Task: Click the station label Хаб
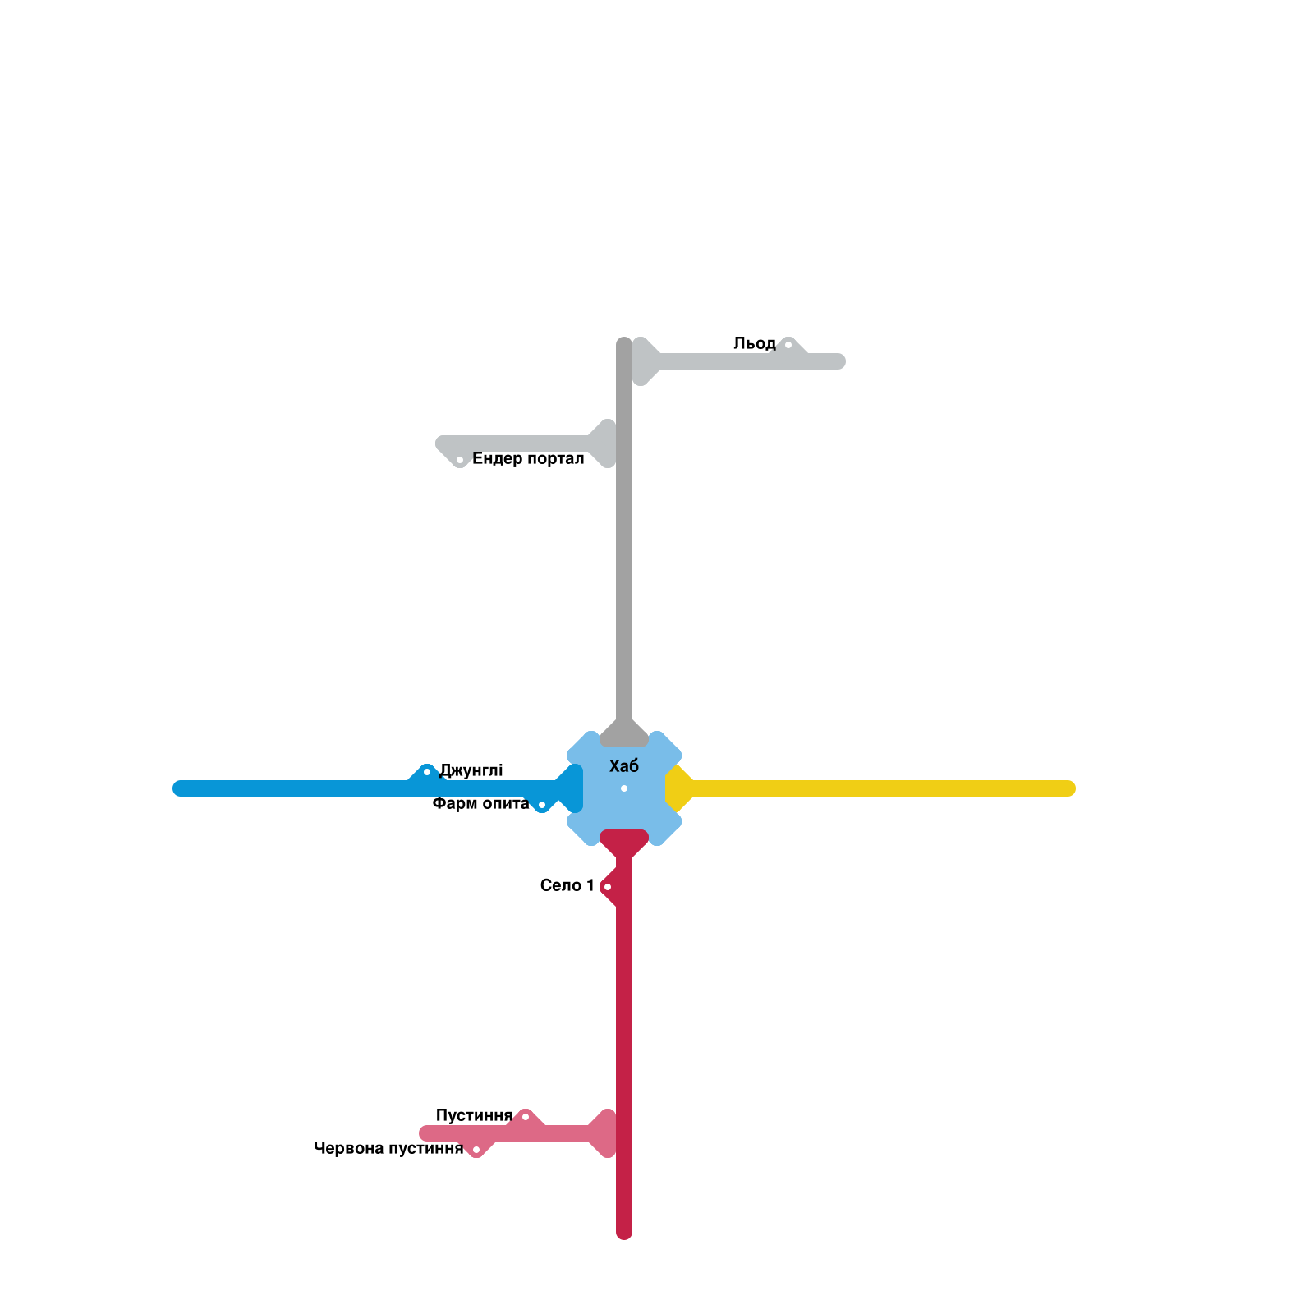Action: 624,766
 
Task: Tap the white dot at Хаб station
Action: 624,788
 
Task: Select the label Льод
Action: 754,343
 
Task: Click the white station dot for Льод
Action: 788,345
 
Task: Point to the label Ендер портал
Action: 528,458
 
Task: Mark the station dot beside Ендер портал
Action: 460,460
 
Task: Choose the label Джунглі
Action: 471,770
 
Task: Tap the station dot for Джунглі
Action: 427,772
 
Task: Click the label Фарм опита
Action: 480,803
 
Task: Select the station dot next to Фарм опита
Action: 542,805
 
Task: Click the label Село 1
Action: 567,885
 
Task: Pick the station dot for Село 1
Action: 608,887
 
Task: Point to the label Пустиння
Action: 474,1115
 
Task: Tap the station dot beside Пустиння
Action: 526,1117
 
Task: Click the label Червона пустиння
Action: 388,1148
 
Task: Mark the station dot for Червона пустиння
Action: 476,1150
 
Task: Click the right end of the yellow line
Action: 1068,788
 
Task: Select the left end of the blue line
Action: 180,788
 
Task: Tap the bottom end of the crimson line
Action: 624,1233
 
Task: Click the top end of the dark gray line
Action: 624,344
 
